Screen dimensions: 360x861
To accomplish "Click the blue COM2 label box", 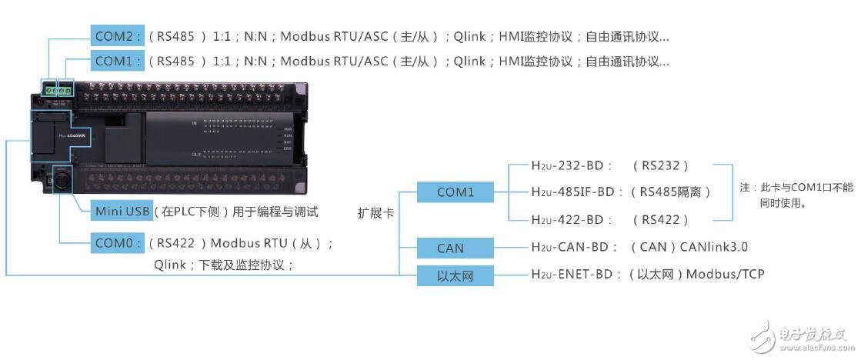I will pyautogui.click(x=118, y=36).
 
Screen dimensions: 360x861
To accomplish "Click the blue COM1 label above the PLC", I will pyautogui.click(x=118, y=60).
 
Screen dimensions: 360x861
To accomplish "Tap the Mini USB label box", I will pyautogui.click(x=120, y=211).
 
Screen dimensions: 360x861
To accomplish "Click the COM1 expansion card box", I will pyautogui.click(x=456, y=192).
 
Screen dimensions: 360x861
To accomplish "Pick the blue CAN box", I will pyautogui.click(x=456, y=248).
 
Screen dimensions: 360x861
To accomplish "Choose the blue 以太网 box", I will pyautogui.click(x=456, y=275).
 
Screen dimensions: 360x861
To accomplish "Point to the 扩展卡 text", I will pyautogui.click(x=375, y=212).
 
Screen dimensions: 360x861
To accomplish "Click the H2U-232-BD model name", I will pyautogui.click(x=571, y=165).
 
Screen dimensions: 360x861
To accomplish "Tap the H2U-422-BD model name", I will pyautogui.click(x=571, y=220).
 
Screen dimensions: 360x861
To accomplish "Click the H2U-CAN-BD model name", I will pyautogui.click(x=574, y=248).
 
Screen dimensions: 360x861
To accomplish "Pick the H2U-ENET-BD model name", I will pyautogui.click(x=576, y=275).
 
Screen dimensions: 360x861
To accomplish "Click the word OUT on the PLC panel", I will pyautogui.click(x=196, y=155).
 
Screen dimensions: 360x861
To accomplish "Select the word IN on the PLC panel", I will pyautogui.click(x=195, y=123).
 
